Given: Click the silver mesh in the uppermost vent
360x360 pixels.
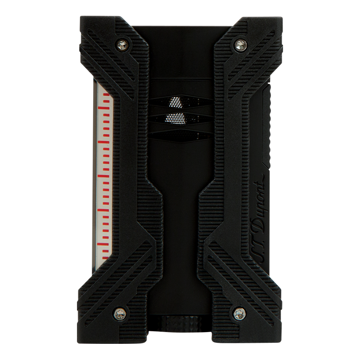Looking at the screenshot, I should (x=177, y=102).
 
